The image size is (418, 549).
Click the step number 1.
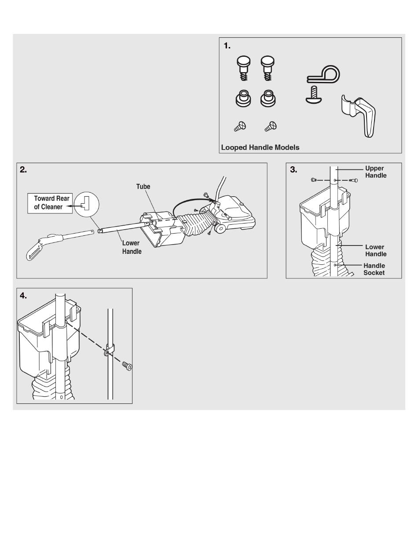(227, 46)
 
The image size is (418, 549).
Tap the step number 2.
(23, 169)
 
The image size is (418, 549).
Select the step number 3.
(293, 169)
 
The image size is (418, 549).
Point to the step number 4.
(23, 296)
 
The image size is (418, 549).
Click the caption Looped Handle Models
(260, 147)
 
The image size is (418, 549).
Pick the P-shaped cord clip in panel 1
(323, 74)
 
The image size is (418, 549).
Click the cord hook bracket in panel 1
(359, 116)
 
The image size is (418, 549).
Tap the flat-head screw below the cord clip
(314, 95)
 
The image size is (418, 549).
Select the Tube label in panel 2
(143, 187)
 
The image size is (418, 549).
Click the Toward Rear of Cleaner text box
(50, 203)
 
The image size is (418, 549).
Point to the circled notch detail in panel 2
(87, 205)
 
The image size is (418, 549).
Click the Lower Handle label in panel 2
(132, 247)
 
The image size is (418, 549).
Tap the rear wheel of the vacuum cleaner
(220, 228)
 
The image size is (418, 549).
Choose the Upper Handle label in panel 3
(376, 172)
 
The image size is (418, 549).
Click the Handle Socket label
(374, 269)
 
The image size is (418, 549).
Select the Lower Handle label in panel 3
(376, 250)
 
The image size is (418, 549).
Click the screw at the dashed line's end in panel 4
(127, 366)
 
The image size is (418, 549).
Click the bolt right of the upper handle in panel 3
(353, 180)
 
